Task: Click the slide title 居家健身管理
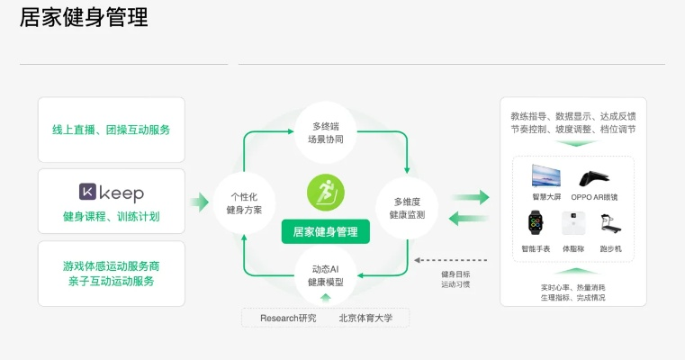[84, 18]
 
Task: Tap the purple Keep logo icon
[87, 192]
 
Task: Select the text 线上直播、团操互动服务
[111, 130]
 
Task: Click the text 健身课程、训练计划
[111, 216]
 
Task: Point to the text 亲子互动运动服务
[111, 281]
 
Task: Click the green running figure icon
[326, 193]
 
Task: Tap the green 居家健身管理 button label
[326, 231]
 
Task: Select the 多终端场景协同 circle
[326, 132]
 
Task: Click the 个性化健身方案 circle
[244, 203]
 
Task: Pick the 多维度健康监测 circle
[407, 208]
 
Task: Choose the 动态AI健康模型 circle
[326, 275]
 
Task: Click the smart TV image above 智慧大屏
[546, 176]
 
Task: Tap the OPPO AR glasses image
[594, 178]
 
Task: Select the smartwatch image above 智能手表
[536, 223]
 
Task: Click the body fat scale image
[573, 223]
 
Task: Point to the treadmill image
[610, 224]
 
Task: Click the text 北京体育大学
[365, 318]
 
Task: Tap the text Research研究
[288, 318]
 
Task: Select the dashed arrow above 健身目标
[450, 260]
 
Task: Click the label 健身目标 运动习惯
[455, 279]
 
